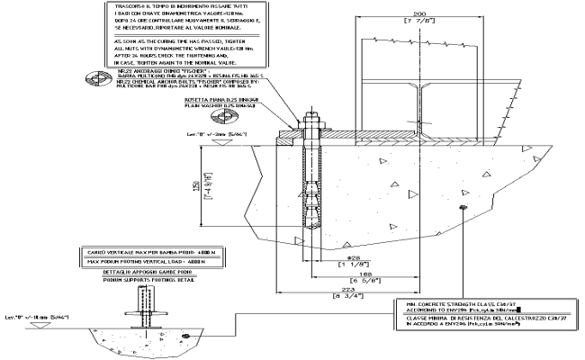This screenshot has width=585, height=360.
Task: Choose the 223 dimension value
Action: coord(361,290)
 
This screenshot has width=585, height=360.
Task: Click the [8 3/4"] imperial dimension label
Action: coord(361,297)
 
